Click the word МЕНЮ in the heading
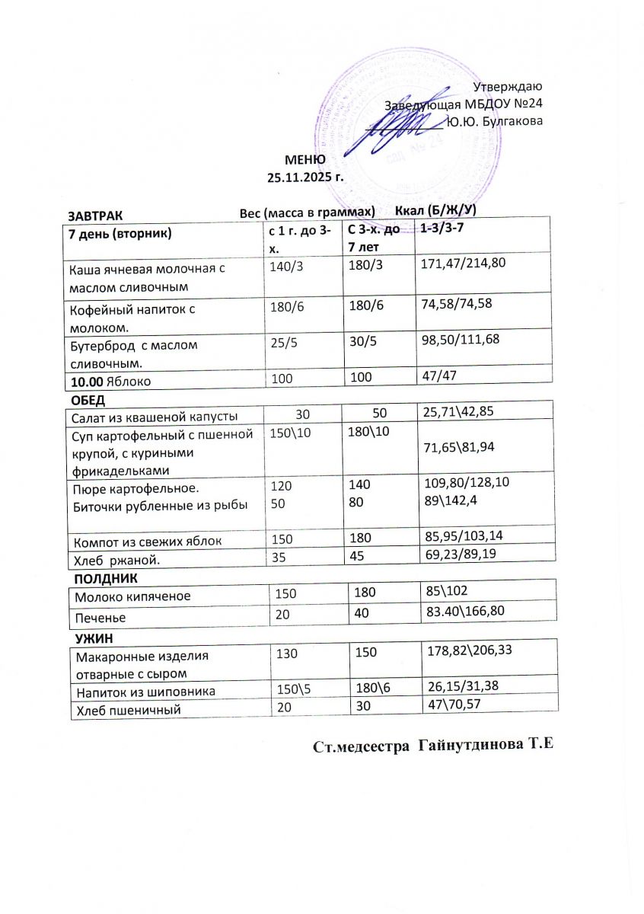click(x=305, y=160)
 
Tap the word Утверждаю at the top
click(x=508, y=88)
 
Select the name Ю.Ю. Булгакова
click(x=495, y=120)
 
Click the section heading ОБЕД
click(x=88, y=401)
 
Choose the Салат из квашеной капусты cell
click(x=152, y=416)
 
